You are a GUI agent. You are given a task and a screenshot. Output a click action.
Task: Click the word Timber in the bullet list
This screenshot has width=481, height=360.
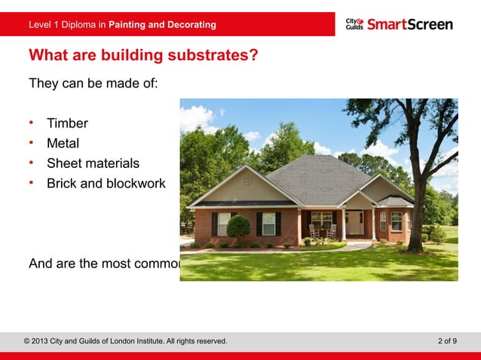click(x=67, y=124)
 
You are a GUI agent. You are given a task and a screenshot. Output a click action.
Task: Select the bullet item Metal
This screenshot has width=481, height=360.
click(x=63, y=143)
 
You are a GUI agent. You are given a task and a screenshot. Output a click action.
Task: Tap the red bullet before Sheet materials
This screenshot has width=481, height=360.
click(x=32, y=163)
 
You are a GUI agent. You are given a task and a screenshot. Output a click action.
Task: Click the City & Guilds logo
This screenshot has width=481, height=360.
click(x=354, y=24)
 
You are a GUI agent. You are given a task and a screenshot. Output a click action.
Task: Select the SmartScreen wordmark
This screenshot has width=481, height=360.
click(x=410, y=24)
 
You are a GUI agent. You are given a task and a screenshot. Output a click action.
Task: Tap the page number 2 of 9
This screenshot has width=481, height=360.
click(x=447, y=341)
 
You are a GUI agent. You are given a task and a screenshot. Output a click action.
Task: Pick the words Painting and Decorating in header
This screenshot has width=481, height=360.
click(x=162, y=25)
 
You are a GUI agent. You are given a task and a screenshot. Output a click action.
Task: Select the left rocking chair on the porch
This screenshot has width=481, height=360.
click(x=314, y=231)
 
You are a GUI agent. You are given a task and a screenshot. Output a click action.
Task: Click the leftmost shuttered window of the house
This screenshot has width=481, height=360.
click(x=224, y=223)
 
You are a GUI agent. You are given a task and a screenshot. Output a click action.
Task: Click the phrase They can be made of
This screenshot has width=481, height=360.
click(x=93, y=83)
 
